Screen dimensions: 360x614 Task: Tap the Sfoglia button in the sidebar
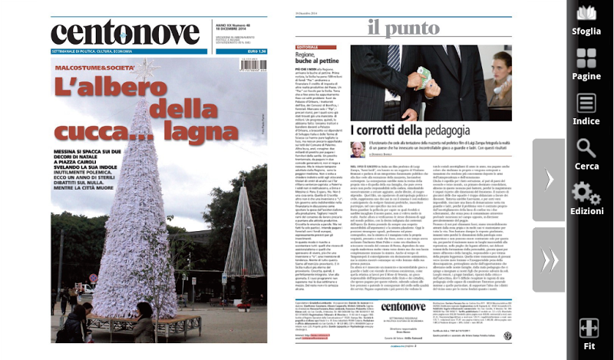click(x=586, y=21)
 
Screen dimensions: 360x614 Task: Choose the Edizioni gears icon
click(x=586, y=197)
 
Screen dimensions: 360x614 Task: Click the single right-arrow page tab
click(x=550, y=178)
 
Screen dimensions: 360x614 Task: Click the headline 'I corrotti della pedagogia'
click(x=411, y=130)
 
